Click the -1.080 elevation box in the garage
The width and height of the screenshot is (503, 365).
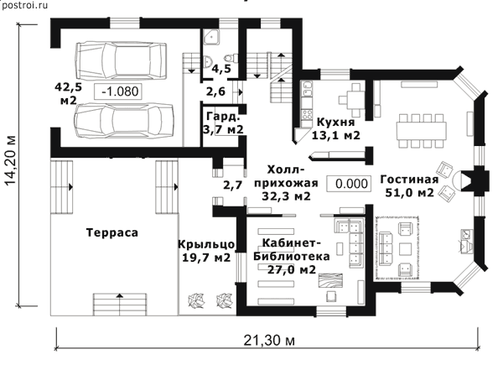(x=118, y=91)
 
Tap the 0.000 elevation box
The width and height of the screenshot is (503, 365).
(x=349, y=184)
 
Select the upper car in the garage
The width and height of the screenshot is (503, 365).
(x=121, y=60)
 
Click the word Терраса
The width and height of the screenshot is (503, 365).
(x=112, y=232)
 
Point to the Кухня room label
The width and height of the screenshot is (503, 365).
(x=336, y=123)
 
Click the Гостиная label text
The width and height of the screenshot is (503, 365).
(x=409, y=180)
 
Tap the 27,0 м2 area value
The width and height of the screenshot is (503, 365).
(x=292, y=269)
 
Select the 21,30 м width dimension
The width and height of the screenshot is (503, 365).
(x=269, y=340)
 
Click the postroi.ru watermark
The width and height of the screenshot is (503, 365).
(x=24, y=5)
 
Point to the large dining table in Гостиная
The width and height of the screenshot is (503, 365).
(x=422, y=131)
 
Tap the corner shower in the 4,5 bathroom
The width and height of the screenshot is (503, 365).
(x=211, y=37)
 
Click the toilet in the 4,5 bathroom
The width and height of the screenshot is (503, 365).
(x=231, y=58)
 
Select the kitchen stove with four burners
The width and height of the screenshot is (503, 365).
(x=307, y=113)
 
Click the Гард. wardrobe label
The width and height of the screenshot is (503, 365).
(x=223, y=116)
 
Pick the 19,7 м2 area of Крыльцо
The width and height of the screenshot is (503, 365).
(x=206, y=257)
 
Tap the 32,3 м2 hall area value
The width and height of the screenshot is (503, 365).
(x=286, y=196)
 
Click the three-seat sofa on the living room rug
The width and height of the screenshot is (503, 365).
(x=386, y=249)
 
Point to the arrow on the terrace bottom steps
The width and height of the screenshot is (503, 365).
(x=120, y=295)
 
